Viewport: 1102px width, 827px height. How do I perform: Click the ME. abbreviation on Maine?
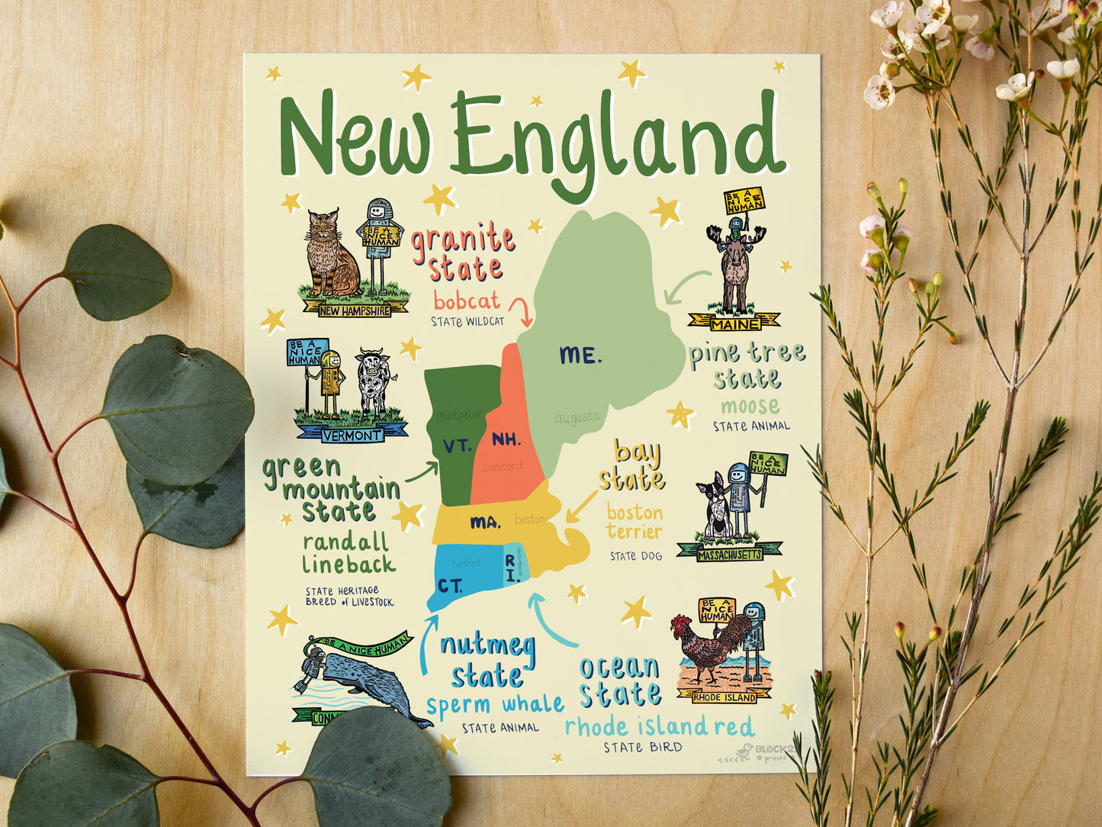(x=580, y=355)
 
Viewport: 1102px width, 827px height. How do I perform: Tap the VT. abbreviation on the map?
(x=458, y=446)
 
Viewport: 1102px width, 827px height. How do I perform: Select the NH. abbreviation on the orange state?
(x=506, y=439)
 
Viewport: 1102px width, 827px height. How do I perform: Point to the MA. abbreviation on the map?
(x=486, y=523)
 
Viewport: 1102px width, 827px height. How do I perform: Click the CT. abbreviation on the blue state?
(x=450, y=586)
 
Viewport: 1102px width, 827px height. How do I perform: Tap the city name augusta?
(x=577, y=418)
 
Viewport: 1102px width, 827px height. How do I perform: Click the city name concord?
(x=502, y=466)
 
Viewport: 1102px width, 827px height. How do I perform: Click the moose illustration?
(x=735, y=271)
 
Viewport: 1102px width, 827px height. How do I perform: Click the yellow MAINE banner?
(x=734, y=323)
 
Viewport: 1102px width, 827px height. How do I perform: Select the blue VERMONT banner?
(x=352, y=436)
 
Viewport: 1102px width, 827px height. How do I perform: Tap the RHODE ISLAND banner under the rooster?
(x=724, y=697)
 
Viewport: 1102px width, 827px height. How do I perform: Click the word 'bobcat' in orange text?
(x=467, y=300)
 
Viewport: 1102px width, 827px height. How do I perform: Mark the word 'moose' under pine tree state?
(x=750, y=405)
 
